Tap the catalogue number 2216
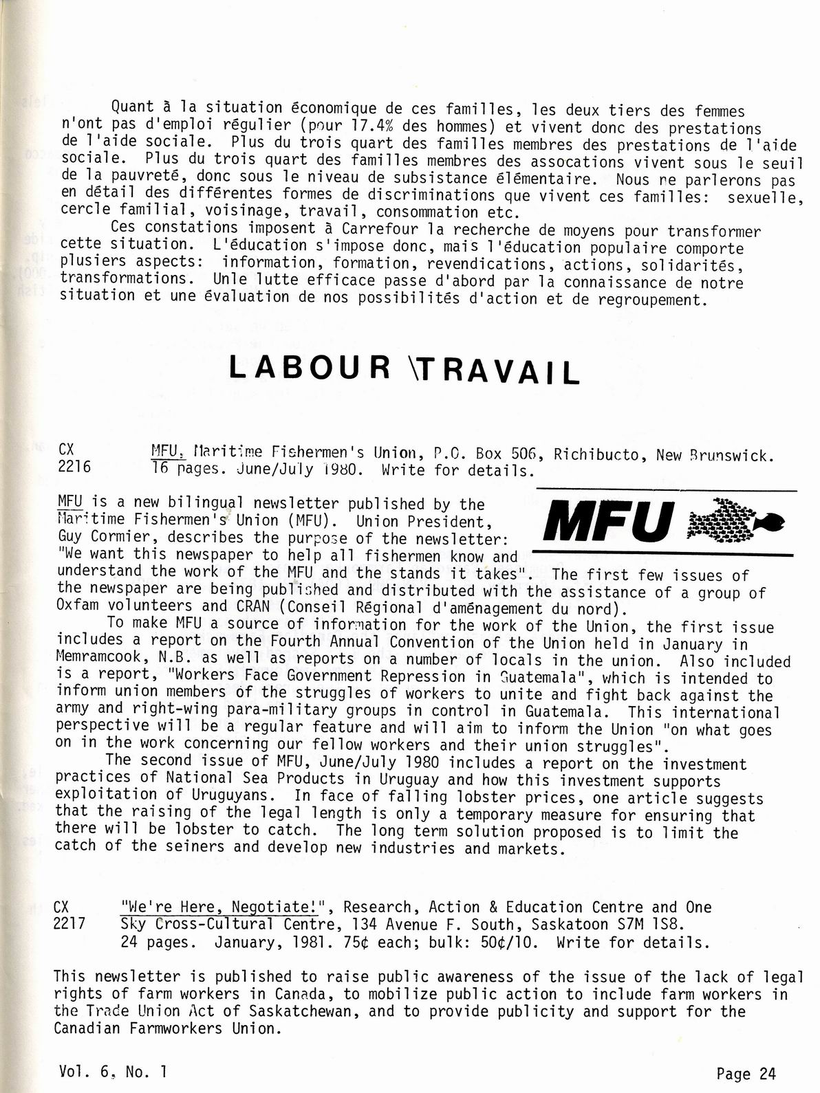pos(74,467)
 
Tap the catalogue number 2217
pos(69,924)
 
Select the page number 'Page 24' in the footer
pos(745,1073)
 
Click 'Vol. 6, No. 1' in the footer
pos(113,1070)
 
